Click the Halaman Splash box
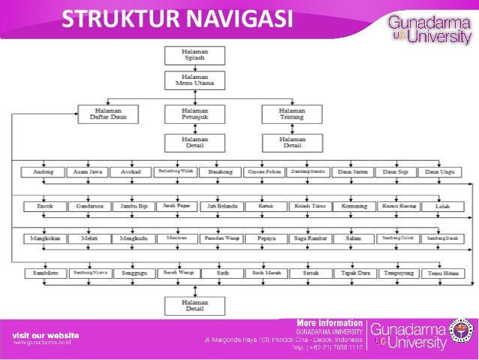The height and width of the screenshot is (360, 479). pos(194,55)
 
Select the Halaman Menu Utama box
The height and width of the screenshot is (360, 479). pos(194,80)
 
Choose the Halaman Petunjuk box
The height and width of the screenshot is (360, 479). pos(194,113)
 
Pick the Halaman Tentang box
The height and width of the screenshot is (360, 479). pos(282,113)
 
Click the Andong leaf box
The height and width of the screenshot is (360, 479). pos(43,172)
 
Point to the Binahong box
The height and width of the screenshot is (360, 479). pos(221,172)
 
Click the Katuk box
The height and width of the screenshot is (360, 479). pos(265,205)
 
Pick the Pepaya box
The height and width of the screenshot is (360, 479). pos(265,238)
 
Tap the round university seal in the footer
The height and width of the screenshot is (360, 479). pos(460,332)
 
